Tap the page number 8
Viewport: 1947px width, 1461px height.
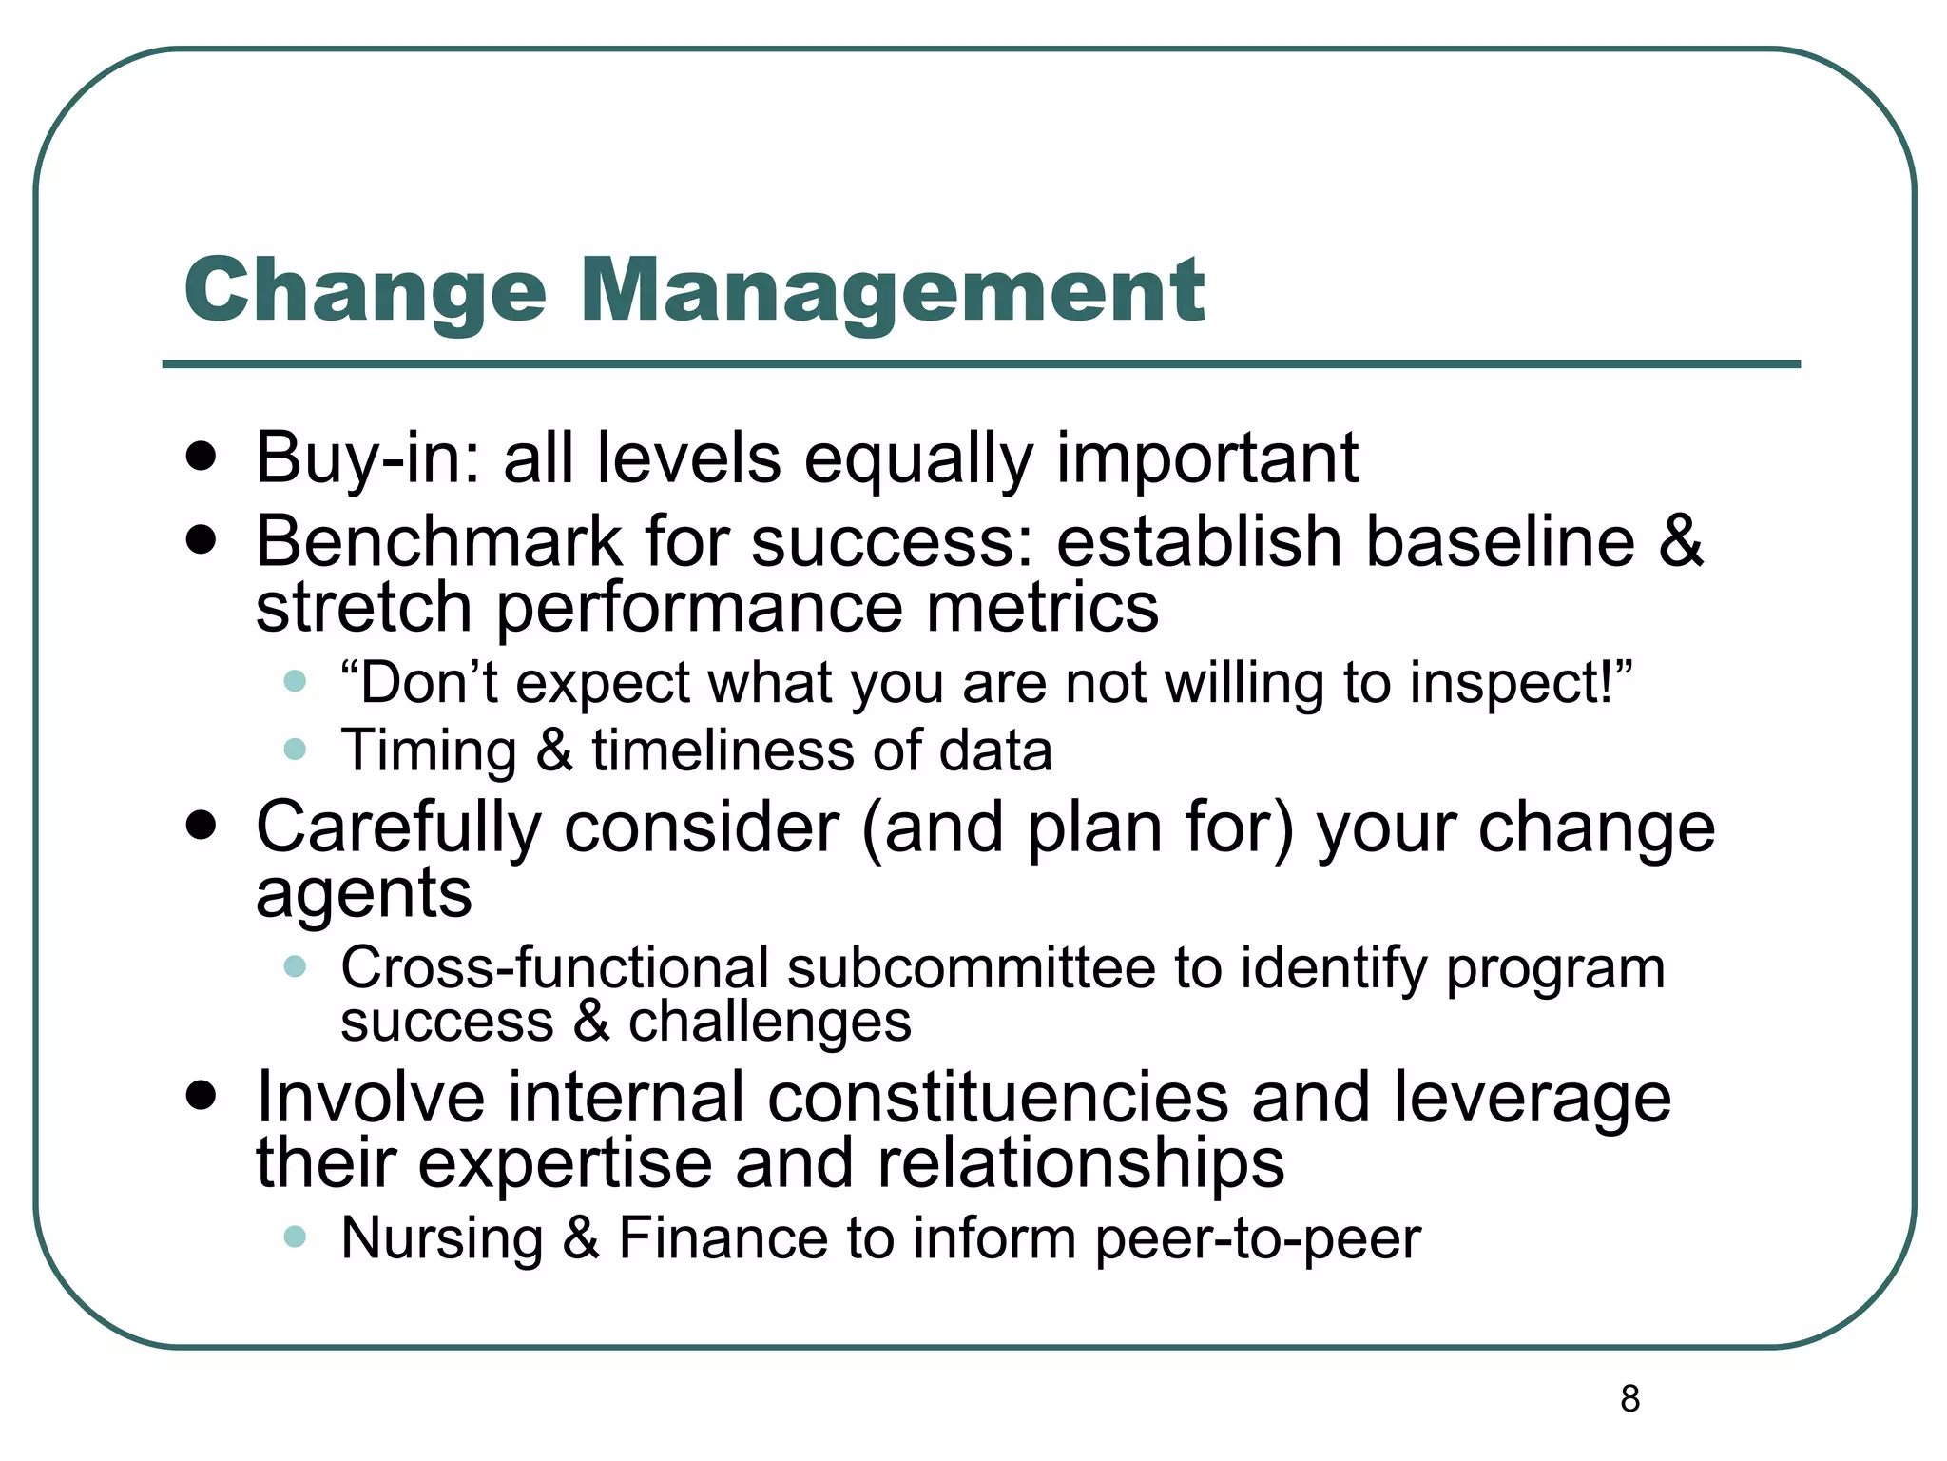tap(1629, 1398)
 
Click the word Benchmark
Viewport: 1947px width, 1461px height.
tap(438, 542)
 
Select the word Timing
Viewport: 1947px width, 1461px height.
tap(429, 751)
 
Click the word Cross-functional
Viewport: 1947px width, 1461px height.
tap(554, 968)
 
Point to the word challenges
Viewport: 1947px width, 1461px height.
tap(769, 1022)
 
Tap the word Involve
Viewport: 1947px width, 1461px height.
tap(370, 1098)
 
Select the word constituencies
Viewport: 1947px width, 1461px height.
tap(997, 1098)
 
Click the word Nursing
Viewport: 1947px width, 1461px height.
tap(442, 1238)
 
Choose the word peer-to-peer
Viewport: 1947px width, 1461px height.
tap(1257, 1238)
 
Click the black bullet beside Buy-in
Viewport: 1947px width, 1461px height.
tap(202, 457)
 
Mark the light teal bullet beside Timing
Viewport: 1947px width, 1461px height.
tap(295, 749)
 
